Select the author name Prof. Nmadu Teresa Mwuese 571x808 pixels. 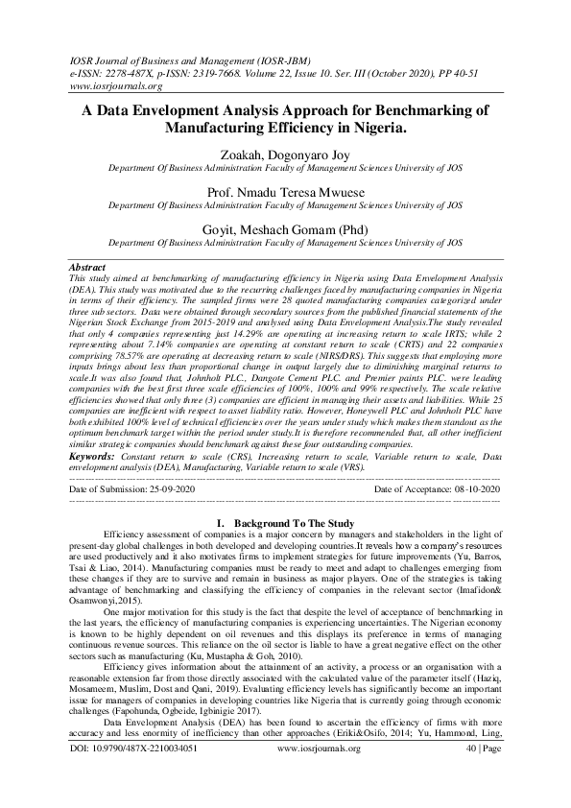click(285, 193)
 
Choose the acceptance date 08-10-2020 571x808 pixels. click(478, 489)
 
